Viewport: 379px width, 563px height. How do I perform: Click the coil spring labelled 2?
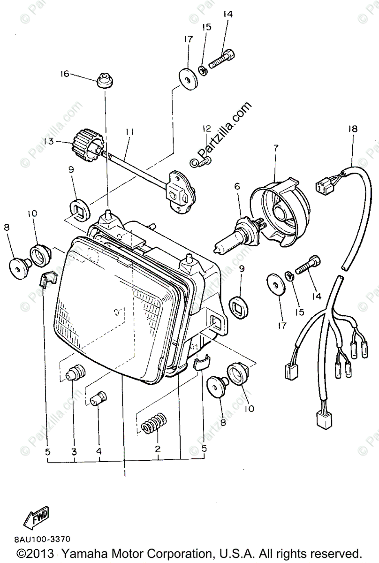(x=154, y=422)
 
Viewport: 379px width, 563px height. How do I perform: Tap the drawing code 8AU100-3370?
(x=43, y=540)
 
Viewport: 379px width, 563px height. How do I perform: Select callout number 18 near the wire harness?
(x=352, y=129)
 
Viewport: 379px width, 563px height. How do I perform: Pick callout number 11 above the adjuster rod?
(x=129, y=133)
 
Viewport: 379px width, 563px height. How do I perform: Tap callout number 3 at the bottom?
(x=74, y=451)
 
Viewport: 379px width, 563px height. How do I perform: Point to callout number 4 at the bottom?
(x=99, y=451)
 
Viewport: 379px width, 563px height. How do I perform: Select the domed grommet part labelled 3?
(x=75, y=373)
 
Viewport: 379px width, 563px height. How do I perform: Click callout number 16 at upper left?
(x=64, y=74)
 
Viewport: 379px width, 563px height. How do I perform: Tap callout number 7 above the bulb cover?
(x=276, y=148)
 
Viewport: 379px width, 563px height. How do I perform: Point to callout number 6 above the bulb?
(x=237, y=186)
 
